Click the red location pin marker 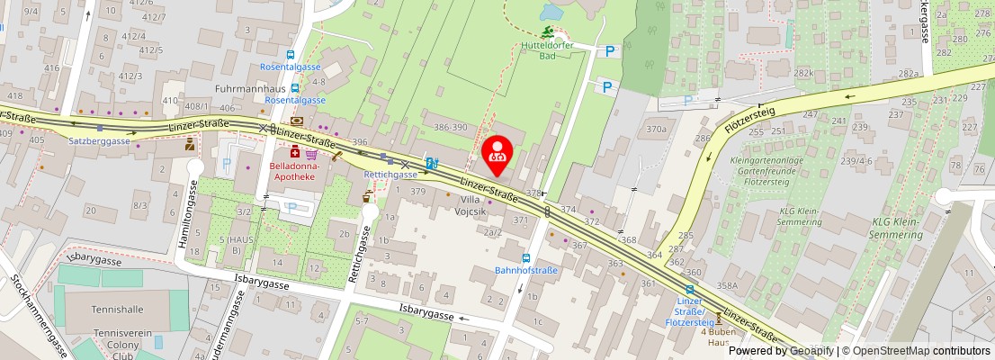click(x=497, y=154)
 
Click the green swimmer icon click(x=547, y=31)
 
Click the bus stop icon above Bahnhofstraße click(x=527, y=257)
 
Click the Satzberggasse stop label click(x=100, y=141)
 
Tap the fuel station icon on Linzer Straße click(x=432, y=163)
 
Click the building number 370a click(x=656, y=130)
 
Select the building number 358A click(x=727, y=285)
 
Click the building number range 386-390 click(x=451, y=128)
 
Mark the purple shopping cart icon click(x=311, y=155)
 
